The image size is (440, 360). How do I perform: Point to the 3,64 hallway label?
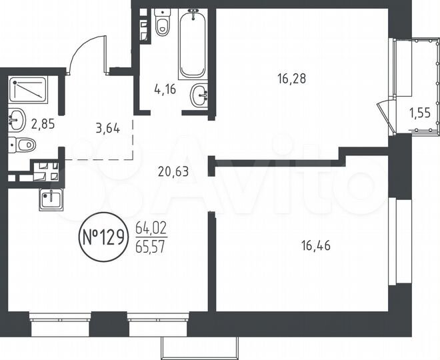[107, 128]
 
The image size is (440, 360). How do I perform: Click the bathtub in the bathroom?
[193, 43]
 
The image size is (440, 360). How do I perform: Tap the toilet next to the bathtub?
[161, 25]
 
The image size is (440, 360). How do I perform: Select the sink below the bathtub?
[198, 95]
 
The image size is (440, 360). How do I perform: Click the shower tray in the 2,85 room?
[29, 89]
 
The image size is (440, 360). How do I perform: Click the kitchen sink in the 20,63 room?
[51, 199]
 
